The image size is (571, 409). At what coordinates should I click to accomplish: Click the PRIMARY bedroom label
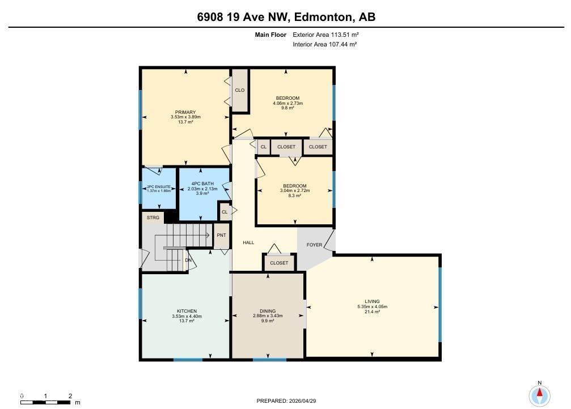point(185,112)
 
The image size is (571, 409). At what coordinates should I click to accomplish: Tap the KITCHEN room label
point(187,311)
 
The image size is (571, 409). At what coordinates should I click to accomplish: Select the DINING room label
point(268,311)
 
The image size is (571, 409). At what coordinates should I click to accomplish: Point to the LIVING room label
point(372,301)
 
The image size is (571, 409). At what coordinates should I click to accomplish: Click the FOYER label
point(314,245)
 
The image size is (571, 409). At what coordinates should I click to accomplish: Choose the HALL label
point(248,242)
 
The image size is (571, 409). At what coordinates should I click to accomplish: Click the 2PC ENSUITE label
point(159,186)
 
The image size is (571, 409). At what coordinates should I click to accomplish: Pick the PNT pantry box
point(221,235)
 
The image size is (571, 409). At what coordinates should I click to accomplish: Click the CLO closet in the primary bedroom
point(240,90)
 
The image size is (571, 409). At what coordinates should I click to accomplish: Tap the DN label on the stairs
point(189,260)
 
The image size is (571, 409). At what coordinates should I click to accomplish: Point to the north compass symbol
point(539,394)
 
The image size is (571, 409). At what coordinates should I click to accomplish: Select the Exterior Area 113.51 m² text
point(325,35)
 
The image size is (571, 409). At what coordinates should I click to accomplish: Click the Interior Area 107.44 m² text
point(324,44)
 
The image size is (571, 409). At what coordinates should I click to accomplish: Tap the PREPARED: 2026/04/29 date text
point(286,401)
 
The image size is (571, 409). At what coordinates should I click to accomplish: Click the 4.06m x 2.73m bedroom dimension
point(287,103)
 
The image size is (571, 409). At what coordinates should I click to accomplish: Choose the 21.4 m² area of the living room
point(372,312)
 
